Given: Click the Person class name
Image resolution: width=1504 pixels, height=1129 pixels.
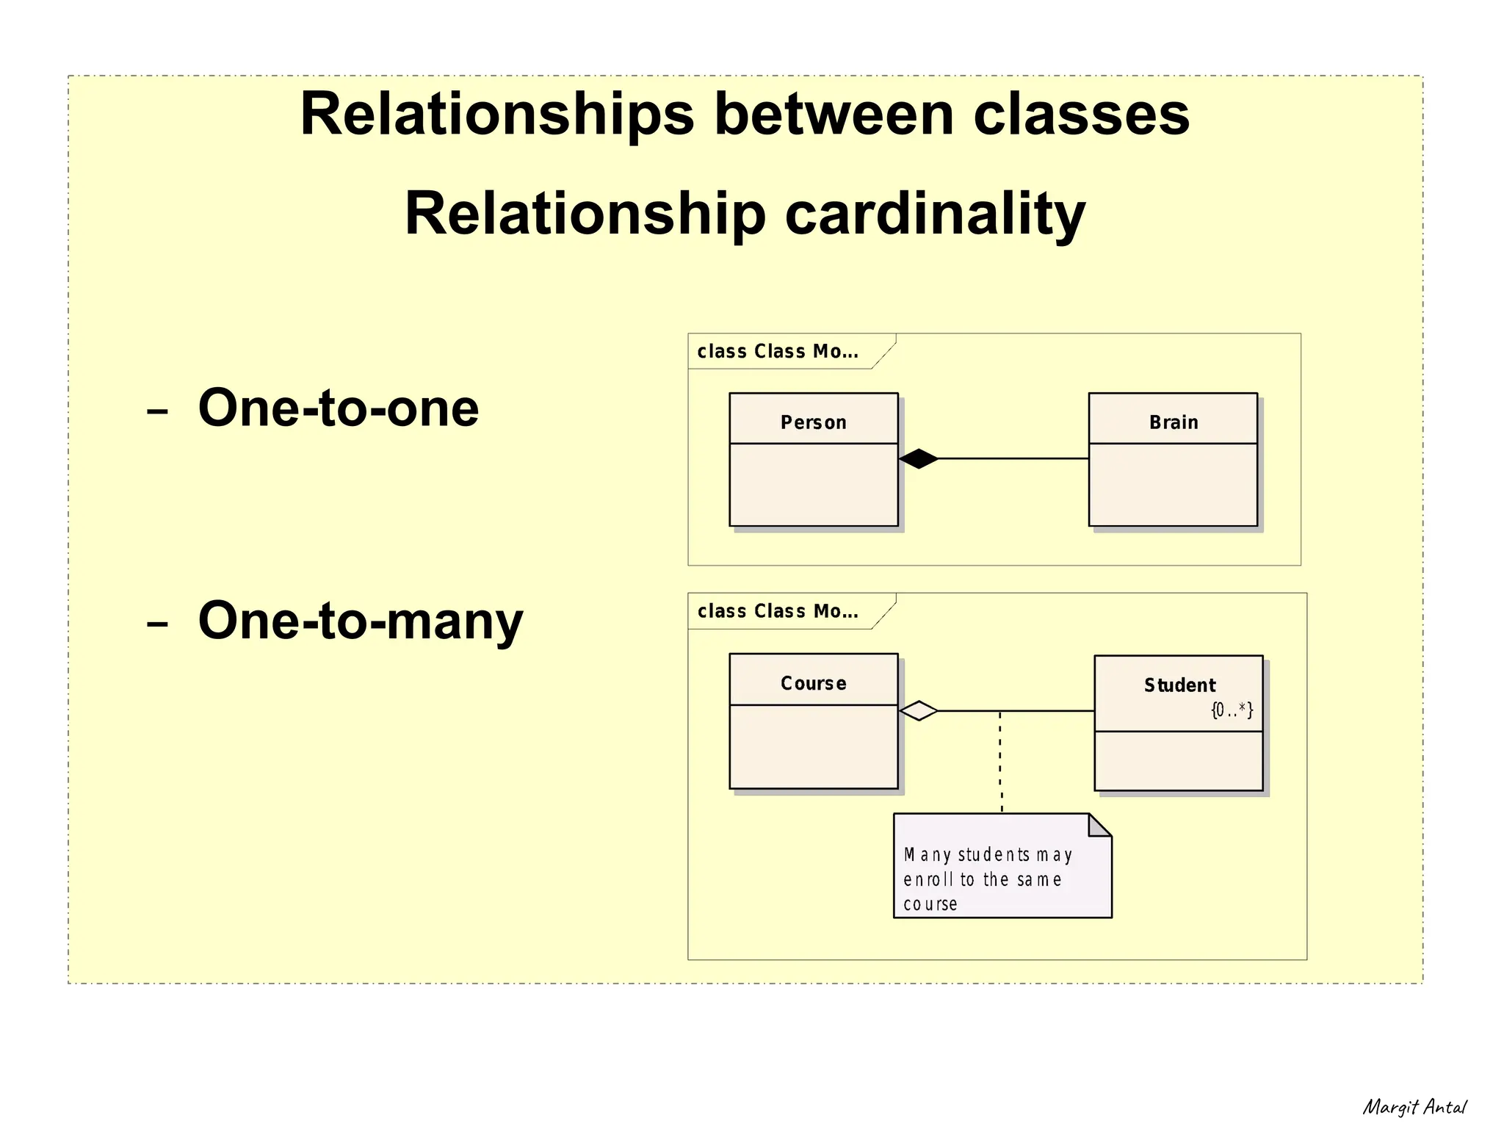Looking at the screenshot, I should coord(813,422).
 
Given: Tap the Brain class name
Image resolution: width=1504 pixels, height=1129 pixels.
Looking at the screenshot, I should coord(1173,422).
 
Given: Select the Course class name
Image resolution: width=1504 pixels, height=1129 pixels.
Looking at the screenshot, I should coord(813,683).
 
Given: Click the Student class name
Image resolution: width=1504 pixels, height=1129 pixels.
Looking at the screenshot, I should coord(1179,685).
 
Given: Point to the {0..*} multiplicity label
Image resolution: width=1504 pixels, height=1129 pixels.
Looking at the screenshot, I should coord(1232,710).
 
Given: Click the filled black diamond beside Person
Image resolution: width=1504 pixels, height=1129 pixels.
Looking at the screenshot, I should coord(918,458).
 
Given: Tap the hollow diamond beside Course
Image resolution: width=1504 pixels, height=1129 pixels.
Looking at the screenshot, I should coord(918,711).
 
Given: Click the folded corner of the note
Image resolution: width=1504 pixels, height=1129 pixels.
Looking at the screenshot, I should coord(1099,826).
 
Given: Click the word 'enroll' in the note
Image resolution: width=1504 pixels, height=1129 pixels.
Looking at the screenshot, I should coord(928,879).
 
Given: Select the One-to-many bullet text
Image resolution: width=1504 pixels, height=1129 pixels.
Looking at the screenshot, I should coord(360,621).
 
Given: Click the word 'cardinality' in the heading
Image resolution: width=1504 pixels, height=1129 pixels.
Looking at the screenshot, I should coord(934,214).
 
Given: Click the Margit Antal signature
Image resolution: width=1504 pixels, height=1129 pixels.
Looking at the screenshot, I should coord(1414,1107).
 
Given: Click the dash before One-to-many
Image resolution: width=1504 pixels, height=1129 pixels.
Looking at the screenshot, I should coord(157,624).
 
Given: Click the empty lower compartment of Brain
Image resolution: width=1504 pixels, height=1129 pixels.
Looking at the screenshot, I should coord(1173,485).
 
